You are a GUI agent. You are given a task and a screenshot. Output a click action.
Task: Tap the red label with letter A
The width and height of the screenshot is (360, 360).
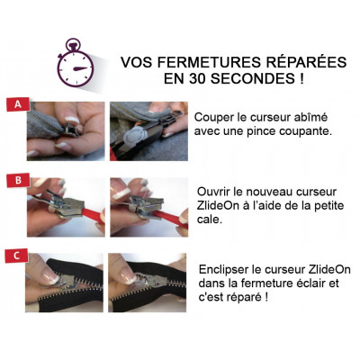pos(18,104)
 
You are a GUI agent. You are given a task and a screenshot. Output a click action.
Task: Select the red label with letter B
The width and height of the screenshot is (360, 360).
pos(18,181)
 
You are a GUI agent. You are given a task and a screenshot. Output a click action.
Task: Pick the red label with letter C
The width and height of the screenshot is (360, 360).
pos(17,256)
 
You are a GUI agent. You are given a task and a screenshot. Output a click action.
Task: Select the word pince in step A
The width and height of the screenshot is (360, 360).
pos(260,131)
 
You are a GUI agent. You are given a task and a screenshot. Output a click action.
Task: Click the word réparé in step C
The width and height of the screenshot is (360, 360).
pos(243,298)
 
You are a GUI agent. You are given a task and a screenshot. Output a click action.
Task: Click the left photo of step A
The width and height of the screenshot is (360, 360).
pos(66,131)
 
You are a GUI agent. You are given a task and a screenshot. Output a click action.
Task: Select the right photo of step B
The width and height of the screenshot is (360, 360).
pos(149,207)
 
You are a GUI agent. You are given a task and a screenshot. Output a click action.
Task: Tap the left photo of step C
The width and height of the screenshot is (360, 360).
pos(64,283)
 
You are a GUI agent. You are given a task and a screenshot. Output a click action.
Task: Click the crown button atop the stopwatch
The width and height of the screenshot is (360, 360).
pos(72,45)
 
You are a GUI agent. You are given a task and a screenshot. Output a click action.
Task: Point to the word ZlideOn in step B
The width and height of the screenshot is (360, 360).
pos(219,205)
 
